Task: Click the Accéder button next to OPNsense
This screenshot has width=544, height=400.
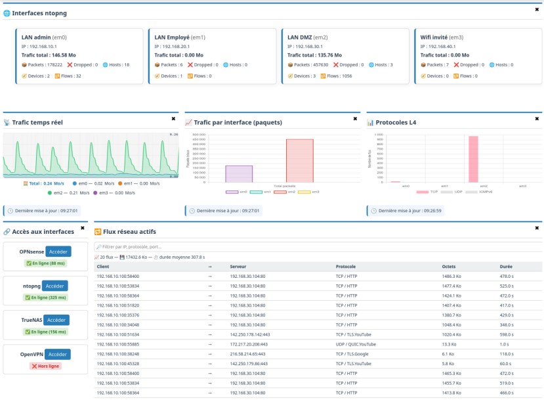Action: (x=58, y=252)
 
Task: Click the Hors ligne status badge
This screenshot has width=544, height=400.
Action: (x=45, y=365)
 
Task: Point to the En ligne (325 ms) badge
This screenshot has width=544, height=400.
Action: (x=45, y=298)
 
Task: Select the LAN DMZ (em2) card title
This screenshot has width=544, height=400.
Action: (x=307, y=37)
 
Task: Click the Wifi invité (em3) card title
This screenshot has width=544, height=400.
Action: (x=442, y=37)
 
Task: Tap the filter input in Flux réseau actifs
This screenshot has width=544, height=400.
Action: (x=318, y=247)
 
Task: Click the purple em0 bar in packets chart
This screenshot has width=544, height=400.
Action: (x=239, y=173)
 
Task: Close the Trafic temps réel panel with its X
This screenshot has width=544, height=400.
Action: (x=173, y=119)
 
